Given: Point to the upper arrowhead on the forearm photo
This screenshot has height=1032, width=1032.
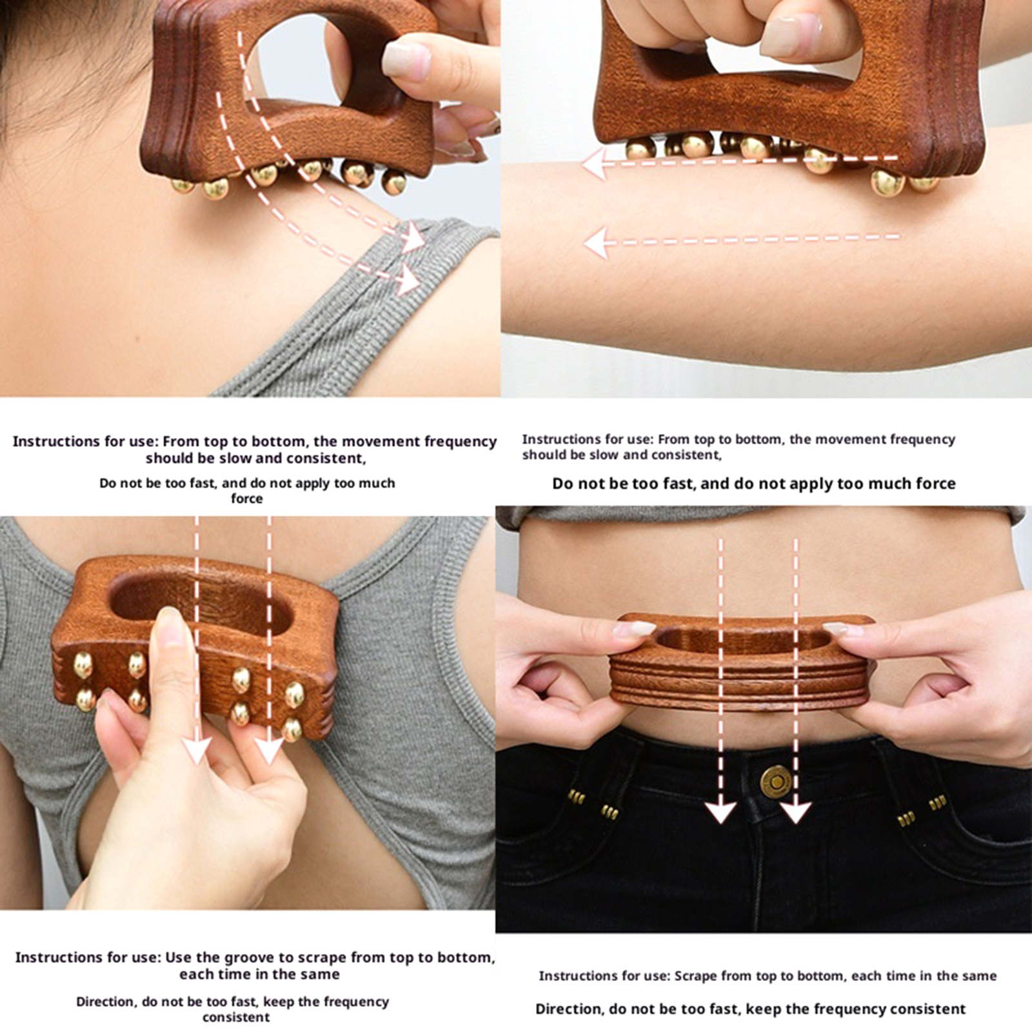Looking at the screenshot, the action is [x=595, y=164].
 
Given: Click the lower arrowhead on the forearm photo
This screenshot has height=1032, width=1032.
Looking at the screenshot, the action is [x=597, y=243].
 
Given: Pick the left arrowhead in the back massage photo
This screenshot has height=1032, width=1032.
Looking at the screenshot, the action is [x=197, y=751].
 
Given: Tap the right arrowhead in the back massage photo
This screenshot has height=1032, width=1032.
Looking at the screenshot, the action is [x=269, y=751].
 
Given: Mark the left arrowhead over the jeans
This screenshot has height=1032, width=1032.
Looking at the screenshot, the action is [x=720, y=811].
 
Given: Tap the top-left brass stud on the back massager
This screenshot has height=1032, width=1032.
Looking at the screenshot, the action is [x=83, y=666].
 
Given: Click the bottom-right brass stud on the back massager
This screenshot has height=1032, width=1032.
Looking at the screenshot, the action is [x=292, y=729].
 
